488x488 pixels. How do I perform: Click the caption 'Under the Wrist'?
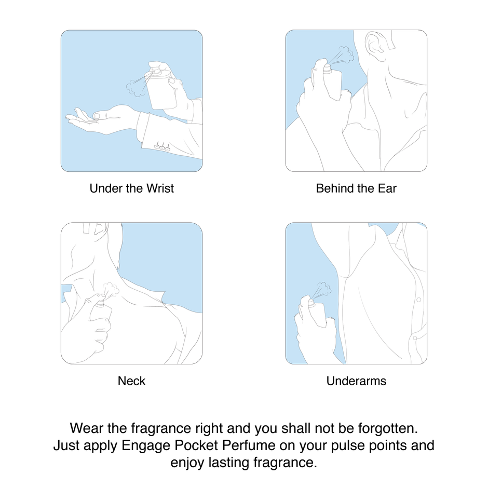click(132, 188)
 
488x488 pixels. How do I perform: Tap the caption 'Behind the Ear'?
click(356, 188)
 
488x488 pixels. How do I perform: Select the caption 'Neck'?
click(131, 381)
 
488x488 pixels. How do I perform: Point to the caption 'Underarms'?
click(356, 381)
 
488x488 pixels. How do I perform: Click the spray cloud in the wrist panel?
click(136, 87)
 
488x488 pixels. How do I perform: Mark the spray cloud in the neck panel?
click(112, 290)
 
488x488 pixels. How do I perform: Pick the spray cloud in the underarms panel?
click(324, 289)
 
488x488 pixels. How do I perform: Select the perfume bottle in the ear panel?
click(332, 83)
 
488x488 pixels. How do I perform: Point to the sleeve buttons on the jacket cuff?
click(162, 146)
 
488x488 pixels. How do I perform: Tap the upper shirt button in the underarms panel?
click(418, 300)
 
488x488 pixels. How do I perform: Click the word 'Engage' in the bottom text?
click(146, 445)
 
